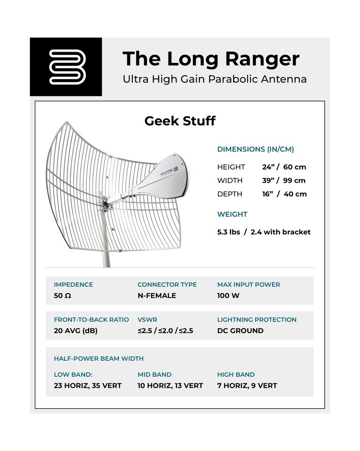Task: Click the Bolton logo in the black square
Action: coord(66,67)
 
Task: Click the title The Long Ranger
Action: coord(211,59)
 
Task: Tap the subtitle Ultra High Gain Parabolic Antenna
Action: coord(214,79)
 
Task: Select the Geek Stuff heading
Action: coord(180,121)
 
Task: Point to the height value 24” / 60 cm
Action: coord(284,167)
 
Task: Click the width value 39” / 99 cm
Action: coord(283,180)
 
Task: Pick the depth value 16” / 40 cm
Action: coord(284,194)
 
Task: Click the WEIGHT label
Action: coord(232,214)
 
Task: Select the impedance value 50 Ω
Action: coord(62,296)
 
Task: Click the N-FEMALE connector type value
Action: coord(157,296)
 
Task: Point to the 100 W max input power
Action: coord(228,296)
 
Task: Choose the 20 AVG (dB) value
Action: coord(76,331)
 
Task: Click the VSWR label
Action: coord(147,319)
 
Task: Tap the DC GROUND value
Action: coord(240,331)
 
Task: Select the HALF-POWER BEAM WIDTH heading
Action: coord(99,358)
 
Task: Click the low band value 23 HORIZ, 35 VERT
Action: coord(88,386)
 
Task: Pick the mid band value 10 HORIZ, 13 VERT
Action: coord(170,386)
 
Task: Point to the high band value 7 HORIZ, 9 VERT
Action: coord(247,386)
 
